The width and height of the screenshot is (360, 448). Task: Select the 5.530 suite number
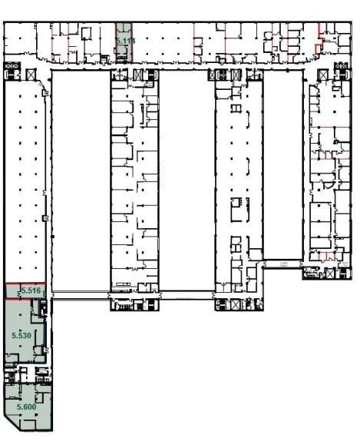21,336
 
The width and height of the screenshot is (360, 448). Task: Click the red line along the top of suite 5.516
23,284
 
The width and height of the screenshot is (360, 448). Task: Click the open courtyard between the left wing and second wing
80,177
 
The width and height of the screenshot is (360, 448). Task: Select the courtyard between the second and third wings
186,177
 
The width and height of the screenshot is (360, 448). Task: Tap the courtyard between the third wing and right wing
283,161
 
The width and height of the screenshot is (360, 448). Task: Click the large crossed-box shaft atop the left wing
31,73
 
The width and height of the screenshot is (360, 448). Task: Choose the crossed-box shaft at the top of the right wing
323,72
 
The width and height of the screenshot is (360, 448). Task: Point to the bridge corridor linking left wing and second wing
80,292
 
